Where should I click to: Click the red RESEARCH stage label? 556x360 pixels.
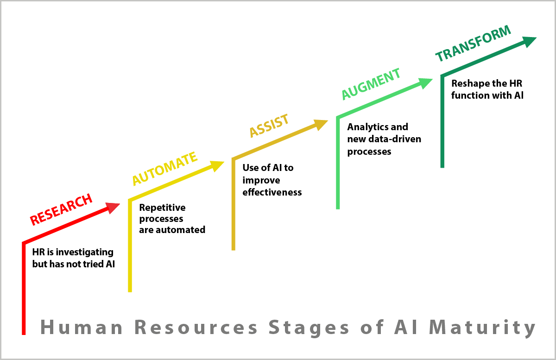tap(61, 209)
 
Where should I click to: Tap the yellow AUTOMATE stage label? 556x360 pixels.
tap(165, 169)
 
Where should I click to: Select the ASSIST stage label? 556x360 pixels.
tap(269, 126)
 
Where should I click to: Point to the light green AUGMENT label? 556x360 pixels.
tap(371, 84)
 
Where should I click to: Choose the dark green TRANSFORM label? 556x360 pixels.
tap(474, 44)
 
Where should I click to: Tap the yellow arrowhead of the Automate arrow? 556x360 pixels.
tap(217, 166)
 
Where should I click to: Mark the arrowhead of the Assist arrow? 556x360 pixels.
tap(321, 125)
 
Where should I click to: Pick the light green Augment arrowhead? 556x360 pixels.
tap(425, 84)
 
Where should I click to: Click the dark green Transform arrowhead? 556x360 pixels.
tap(529, 42)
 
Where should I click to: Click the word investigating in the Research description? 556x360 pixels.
tap(85, 253)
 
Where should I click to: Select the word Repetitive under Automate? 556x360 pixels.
tap(162, 208)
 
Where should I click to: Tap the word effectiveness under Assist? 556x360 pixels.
tap(272, 192)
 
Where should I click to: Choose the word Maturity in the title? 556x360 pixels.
tap(482, 328)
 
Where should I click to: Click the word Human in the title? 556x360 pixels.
tap(82, 327)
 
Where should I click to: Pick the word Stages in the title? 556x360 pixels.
tap(309, 328)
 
